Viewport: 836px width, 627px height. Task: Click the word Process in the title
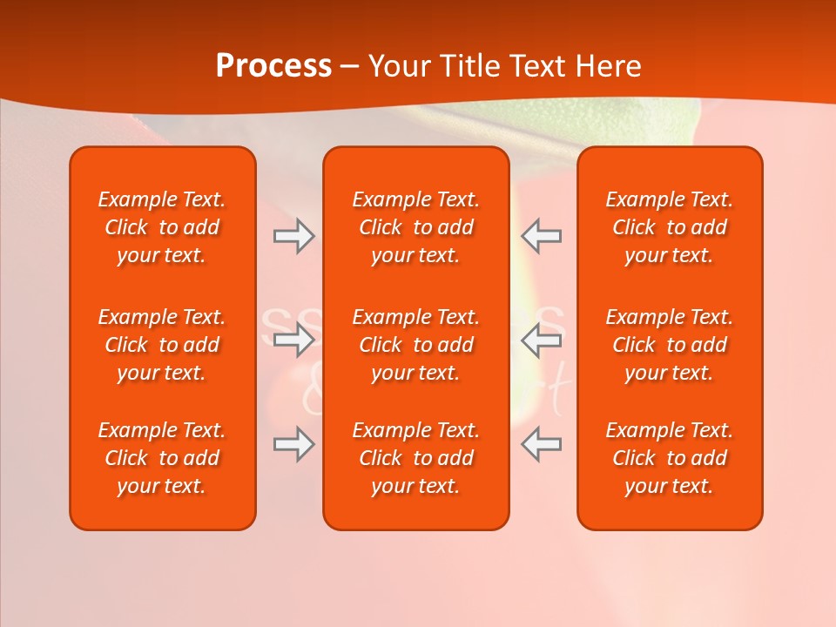click(273, 66)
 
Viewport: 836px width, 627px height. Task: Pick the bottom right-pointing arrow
click(293, 444)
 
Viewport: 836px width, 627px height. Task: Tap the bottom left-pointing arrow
click(542, 444)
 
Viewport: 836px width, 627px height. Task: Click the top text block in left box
click(162, 227)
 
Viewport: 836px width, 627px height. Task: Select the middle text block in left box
click(162, 345)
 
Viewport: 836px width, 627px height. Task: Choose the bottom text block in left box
click(162, 458)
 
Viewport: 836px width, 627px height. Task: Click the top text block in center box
click(416, 227)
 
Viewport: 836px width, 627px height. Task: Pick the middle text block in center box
click(416, 345)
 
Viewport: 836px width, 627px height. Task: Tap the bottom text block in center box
click(416, 458)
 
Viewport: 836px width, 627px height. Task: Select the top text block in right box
click(670, 227)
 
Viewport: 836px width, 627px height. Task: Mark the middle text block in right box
click(670, 345)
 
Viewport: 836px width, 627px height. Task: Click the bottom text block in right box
click(670, 458)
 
